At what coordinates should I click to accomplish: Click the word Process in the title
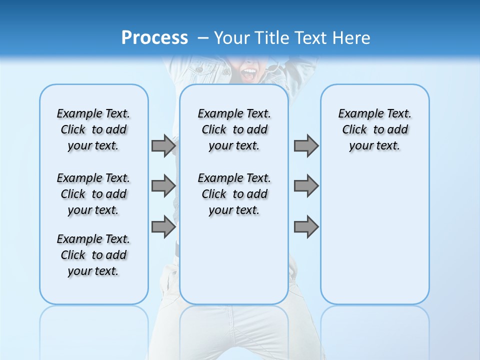(x=154, y=38)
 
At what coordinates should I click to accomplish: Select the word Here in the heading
(x=352, y=38)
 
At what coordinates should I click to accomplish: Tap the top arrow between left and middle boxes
(x=163, y=145)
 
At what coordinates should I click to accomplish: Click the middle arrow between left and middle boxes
(x=163, y=186)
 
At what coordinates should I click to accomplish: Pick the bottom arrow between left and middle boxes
(x=163, y=227)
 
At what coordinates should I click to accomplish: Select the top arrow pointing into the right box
(x=306, y=145)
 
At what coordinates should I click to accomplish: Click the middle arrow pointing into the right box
(x=306, y=186)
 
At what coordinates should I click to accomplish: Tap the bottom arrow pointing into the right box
(x=306, y=227)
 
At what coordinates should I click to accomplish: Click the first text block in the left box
(x=93, y=129)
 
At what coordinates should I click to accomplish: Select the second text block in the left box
(x=93, y=194)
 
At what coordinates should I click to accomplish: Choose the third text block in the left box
(x=93, y=255)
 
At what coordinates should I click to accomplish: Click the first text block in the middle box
(x=234, y=129)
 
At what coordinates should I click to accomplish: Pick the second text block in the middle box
(x=234, y=194)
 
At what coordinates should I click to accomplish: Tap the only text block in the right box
(x=374, y=129)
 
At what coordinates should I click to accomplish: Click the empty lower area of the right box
(x=374, y=240)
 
